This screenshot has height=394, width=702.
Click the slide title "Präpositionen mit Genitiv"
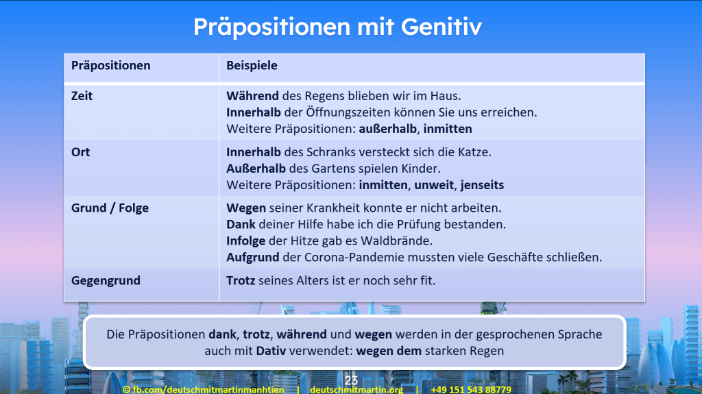coord(337,27)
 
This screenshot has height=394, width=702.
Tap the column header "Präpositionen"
coord(110,66)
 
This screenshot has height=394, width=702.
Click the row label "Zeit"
coord(82,96)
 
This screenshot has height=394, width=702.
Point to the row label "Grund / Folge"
coord(110,208)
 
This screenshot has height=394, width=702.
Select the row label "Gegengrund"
coord(106,280)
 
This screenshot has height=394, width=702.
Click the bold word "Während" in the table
coord(252,96)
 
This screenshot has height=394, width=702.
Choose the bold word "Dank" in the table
coord(241,224)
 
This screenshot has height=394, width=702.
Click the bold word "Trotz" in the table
coord(241,280)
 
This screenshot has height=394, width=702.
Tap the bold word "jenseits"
coord(483,185)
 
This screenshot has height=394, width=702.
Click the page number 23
coord(351,380)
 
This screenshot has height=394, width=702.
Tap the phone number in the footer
coord(471,389)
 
